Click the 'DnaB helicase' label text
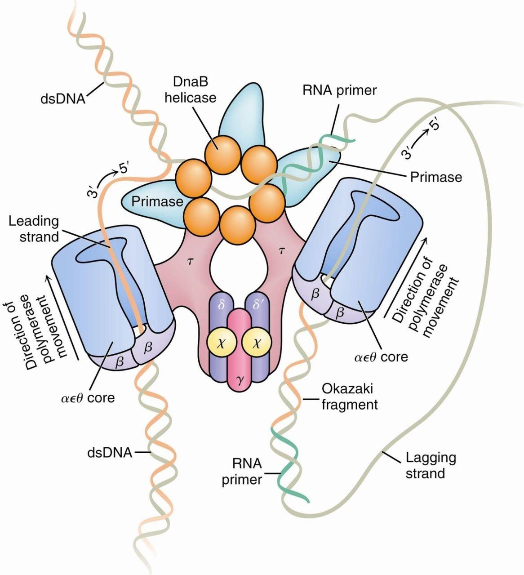tap(190, 89)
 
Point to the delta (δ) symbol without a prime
tap(220, 311)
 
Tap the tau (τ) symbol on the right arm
tap(282, 251)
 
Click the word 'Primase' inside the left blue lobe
tap(157, 201)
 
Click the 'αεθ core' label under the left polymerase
tap(88, 397)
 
